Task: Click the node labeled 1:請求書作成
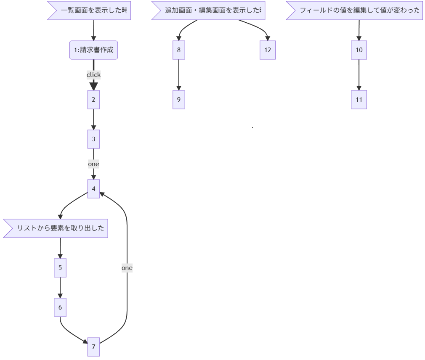click(x=93, y=50)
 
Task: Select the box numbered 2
click(x=93, y=100)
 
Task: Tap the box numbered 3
click(x=93, y=139)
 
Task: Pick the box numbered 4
click(x=93, y=188)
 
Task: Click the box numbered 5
click(x=60, y=268)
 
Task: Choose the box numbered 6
click(x=60, y=307)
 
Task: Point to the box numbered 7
click(x=93, y=347)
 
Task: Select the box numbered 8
click(x=179, y=50)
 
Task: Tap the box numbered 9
click(x=179, y=100)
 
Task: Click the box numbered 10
click(x=359, y=50)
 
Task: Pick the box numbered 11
click(x=359, y=100)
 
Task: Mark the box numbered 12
click(x=268, y=50)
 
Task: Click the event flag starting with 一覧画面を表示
click(x=91, y=11)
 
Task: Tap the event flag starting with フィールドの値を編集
click(x=357, y=11)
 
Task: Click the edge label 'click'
click(x=93, y=75)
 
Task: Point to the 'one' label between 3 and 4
click(x=93, y=164)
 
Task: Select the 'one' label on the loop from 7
click(x=127, y=268)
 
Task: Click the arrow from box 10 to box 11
click(x=359, y=75)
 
